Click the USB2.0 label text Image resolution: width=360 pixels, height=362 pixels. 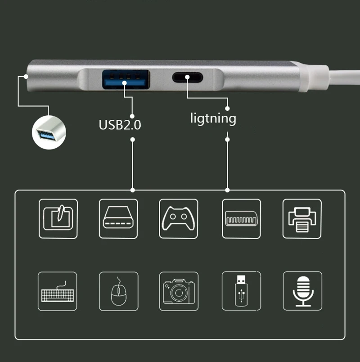120,124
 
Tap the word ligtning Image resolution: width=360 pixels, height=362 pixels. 213,119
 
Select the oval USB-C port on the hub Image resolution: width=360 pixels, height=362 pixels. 187,77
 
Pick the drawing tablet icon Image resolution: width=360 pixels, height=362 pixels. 58,218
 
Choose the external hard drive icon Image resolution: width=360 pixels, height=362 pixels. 118,218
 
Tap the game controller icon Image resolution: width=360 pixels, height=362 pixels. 179,218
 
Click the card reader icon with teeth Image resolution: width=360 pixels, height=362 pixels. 241,218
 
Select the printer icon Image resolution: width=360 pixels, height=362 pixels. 301,218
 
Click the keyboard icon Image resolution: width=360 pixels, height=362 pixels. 57,291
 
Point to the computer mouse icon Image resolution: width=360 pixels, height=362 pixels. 118,291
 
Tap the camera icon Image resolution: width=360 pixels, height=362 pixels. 179,291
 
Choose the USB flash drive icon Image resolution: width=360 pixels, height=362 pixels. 241,291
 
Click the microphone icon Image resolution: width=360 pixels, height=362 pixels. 302,291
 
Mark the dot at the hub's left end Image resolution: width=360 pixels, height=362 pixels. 27,76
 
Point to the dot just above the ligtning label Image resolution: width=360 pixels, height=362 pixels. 227,108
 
